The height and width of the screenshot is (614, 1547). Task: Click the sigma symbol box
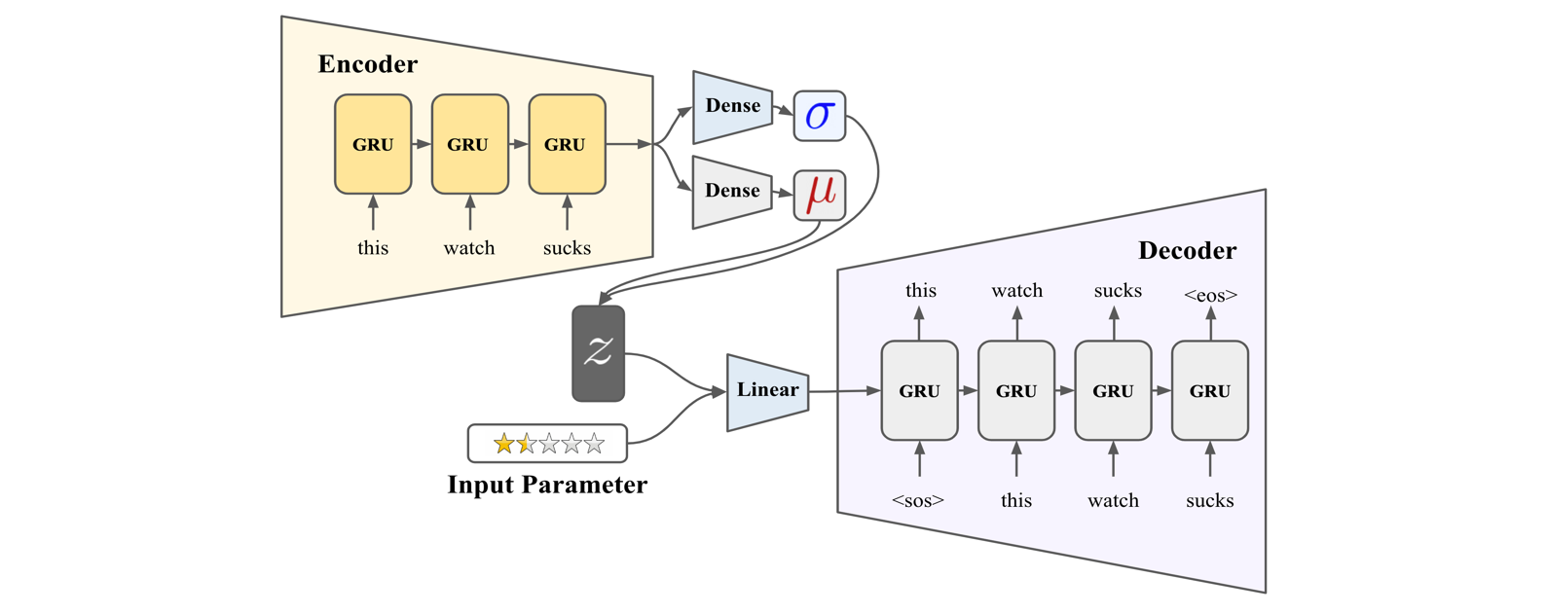[x=820, y=116]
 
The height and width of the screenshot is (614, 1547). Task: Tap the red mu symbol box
[x=820, y=196]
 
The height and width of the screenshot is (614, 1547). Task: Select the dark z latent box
[x=598, y=353]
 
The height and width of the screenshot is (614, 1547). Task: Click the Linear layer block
[x=767, y=392]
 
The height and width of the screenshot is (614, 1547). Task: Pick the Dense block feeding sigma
[x=732, y=107]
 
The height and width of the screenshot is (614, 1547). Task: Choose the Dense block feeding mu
[x=732, y=192]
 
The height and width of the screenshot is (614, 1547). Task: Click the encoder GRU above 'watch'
[x=470, y=144]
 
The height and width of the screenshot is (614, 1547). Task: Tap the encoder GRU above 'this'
[x=373, y=144]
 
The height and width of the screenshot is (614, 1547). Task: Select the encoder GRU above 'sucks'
[x=567, y=144]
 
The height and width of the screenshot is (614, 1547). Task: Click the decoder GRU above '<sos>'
[x=919, y=390]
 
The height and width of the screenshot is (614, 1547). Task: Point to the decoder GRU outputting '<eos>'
[x=1210, y=390]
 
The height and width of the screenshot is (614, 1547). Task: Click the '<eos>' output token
[x=1211, y=295]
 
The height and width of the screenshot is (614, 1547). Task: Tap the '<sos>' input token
[x=918, y=500]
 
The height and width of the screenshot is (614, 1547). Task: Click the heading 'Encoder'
[x=367, y=64]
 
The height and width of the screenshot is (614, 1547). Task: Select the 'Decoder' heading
[x=1187, y=250]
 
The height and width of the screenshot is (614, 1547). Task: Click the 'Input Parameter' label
[x=548, y=485]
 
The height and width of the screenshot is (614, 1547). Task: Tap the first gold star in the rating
[x=504, y=444]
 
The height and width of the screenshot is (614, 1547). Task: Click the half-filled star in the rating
[x=527, y=444]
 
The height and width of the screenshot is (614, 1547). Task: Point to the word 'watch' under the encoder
[x=469, y=248]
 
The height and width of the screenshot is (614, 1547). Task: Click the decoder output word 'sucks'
[x=1118, y=290]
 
